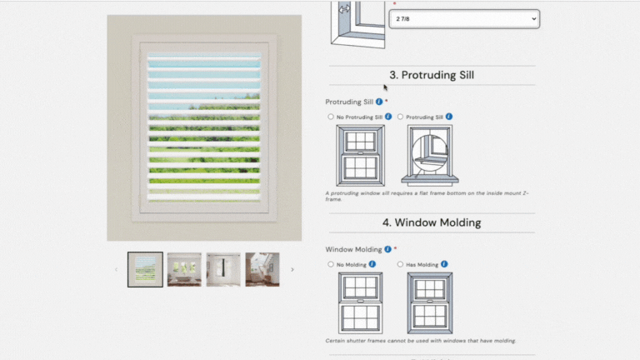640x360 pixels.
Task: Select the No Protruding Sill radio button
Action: pyautogui.click(x=331, y=117)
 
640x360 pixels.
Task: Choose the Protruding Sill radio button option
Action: pyautogui.click(x=400, y=117)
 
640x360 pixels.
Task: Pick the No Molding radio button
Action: pyautogui.click(x=331, y=264)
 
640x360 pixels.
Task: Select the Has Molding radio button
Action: pyautogui.click(x=400, y=264)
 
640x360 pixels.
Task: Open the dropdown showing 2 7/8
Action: pyautogui.click(x=464, y=19)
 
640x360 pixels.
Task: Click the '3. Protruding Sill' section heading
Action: pyautogui.click(x=432, y=75)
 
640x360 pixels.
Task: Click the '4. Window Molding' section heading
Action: pyautogui.click(x=432, y=222)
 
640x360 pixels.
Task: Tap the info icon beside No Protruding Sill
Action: pyautogui.click(x=388, y=117)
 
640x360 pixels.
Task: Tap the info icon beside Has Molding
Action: pyautogui.click(x=444, y=264)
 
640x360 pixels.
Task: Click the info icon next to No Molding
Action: pyautogui.click(x=372, y=264)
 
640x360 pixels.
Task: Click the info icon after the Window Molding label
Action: pyautogui.click(x=387, y=249)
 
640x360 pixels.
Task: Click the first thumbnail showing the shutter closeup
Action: pyautogui.click(x=145, y=269)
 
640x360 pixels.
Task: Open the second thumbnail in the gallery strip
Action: pyautogui.click(x=184, y=269)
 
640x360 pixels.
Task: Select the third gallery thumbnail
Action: pyautogui.click(x=223, y=269)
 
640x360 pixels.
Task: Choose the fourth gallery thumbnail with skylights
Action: pyautogui.click(x=262, y=269)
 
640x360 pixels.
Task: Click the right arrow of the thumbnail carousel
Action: pyautogui.click(x=292, y=269)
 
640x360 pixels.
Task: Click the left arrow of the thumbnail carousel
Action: pyautogui.click(x=117, y=269)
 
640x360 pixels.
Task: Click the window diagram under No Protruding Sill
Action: pyautogui.click(x=360, y=156)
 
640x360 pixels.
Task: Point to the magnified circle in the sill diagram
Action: pyautogui.click(x=430, y=153)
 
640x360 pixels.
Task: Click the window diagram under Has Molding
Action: pyautogui.click(x=430, y=303)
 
